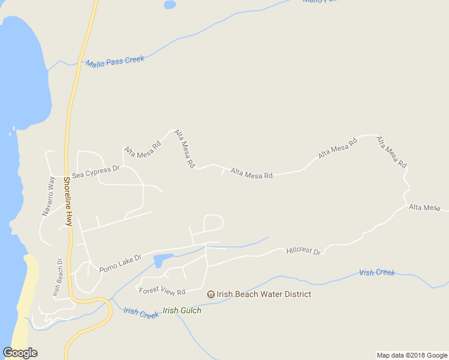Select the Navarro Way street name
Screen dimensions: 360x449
(x=49, y=195)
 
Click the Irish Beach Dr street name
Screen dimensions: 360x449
(x=57, y=278)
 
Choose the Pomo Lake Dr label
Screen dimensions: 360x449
(x=120, y=262)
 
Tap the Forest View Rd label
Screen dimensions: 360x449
(x=162, y=291)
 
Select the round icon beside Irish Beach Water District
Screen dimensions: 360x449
(x=211, y=294)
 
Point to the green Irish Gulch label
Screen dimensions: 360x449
(x=182, y=310)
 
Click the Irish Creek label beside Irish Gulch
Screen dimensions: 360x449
(x=141, y=313)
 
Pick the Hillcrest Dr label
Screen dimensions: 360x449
(x=304, y=250)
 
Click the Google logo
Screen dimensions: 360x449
(x=20, y=353)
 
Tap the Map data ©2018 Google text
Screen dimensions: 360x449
(x=412, y=355)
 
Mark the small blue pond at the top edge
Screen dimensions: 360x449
(x=170, y=5)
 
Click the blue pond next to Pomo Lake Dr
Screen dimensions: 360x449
(x=162, y=260)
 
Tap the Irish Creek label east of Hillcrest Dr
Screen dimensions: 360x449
(x=377, y=272)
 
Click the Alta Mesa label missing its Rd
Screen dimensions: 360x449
(x=424, y=207)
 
